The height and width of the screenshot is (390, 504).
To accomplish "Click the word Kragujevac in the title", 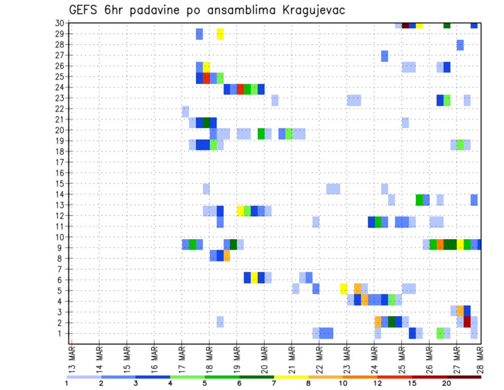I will point(310,10).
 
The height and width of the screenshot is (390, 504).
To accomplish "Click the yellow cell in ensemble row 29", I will point(220,34).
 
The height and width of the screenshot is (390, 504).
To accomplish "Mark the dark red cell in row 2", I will point(467,322).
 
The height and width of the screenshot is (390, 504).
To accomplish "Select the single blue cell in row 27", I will point(384,56).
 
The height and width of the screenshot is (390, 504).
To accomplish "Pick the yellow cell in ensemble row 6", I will point(254,278).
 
